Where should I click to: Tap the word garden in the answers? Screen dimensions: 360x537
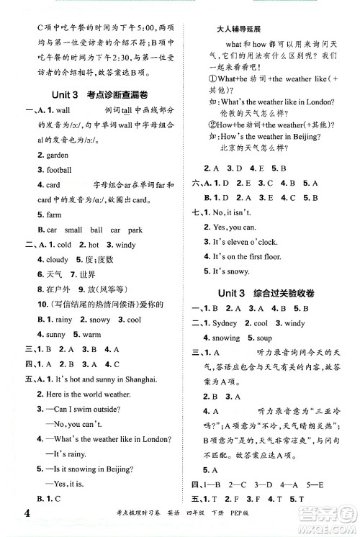click(x=53, y=155)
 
